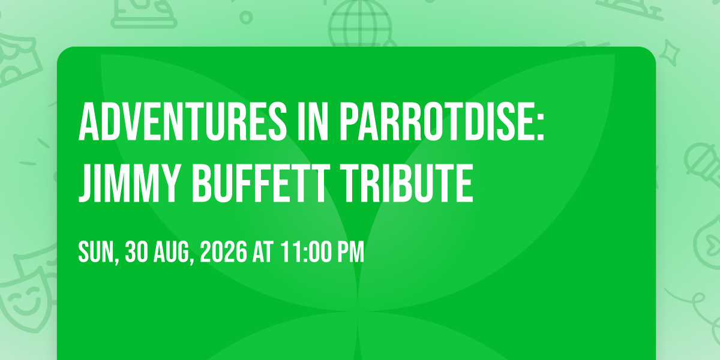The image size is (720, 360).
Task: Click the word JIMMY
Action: click(128, 183)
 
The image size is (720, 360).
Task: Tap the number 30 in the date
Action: click(136, 251)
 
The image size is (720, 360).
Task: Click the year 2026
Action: click(224, 251)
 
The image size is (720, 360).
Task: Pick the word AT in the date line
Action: click(263, 251)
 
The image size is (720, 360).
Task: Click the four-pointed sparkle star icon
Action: click(669, 53)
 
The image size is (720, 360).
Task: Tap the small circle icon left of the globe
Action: click(246, 17)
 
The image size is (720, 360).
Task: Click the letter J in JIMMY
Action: click(84, 184)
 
